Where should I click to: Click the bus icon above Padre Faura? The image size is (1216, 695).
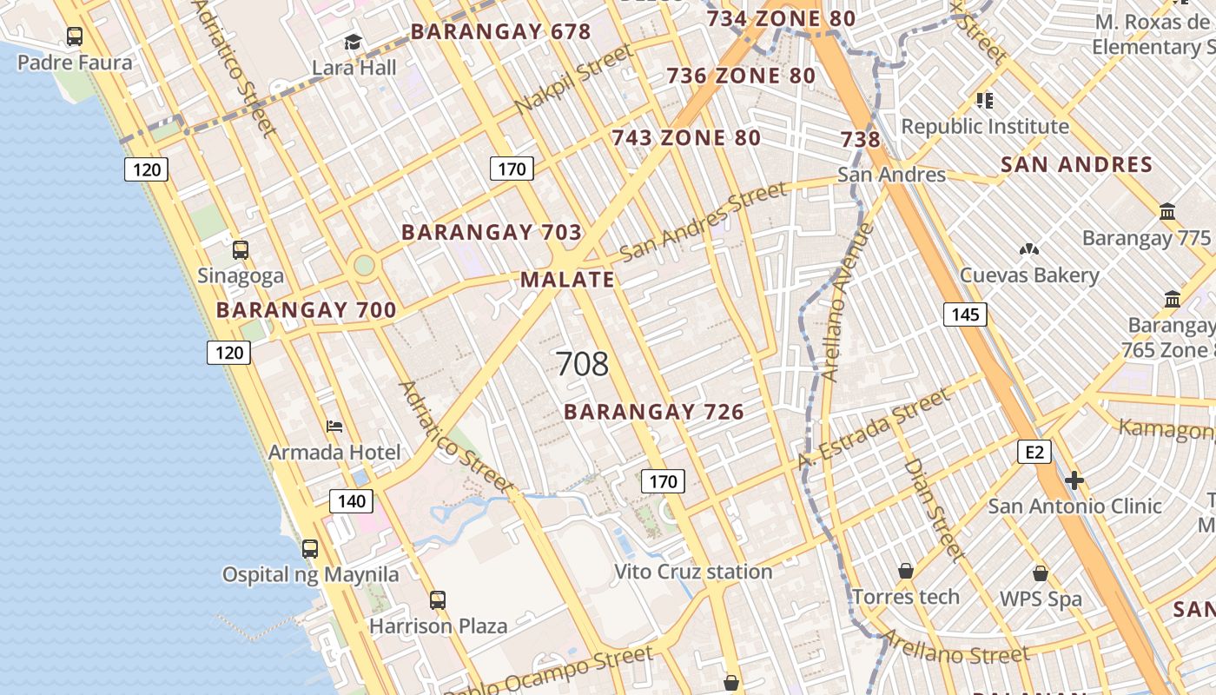click(75, 36)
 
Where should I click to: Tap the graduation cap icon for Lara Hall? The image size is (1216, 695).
click(353, 42)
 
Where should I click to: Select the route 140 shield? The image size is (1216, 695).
click(351, 500)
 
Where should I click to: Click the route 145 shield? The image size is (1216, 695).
click(965, 314)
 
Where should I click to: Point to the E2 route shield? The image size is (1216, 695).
click(1034, 452)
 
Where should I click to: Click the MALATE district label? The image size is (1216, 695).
click(567, 280)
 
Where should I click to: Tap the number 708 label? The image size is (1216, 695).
click(581, 364)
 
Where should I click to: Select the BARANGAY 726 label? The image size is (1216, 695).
click(654, 412)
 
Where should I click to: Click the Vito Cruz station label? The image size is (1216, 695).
click(693, 572)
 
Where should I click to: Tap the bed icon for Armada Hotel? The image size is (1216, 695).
click(334, 426)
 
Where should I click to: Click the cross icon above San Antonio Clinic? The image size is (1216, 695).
click(1074, 480)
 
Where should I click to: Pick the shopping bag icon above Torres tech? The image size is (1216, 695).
click(906, 571)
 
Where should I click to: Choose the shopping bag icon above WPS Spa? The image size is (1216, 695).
click(1041, 573)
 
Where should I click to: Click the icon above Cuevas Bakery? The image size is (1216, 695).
click(1029, 250)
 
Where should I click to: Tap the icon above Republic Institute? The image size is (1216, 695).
click(984, 101)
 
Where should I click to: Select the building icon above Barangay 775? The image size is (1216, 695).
click(1167, 211)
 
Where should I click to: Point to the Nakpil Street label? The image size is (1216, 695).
click(573, 80)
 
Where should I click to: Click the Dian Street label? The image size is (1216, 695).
click(934, 508)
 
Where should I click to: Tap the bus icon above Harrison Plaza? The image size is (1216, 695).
click(438, 599)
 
